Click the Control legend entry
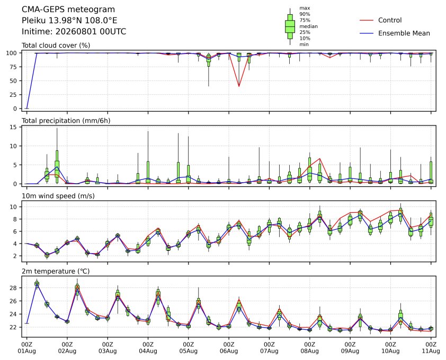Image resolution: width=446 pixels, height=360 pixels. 380,20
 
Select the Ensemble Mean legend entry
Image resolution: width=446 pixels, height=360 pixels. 395,33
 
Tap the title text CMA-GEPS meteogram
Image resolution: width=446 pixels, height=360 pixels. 68,10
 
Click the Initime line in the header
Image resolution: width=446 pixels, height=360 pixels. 74,31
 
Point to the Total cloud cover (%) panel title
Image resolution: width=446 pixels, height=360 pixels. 56,46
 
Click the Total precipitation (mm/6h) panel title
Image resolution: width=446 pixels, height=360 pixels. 66,121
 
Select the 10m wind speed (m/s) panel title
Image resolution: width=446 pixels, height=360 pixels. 58,196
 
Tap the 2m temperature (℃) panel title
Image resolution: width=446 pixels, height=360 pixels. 56,271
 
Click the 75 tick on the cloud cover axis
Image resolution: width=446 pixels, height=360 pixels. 14,67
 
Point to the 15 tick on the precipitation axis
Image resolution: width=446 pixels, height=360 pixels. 14,127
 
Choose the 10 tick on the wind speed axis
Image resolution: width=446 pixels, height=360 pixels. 14,206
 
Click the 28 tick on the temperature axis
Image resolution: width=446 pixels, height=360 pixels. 14,288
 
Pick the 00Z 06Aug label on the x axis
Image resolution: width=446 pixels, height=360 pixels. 229,348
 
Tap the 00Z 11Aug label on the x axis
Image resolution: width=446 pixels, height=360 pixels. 431,348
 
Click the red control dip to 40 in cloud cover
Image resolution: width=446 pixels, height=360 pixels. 239,86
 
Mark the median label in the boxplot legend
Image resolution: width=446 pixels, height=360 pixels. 308,26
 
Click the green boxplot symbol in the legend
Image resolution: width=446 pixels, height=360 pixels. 290,26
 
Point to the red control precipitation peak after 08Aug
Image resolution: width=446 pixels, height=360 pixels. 320,159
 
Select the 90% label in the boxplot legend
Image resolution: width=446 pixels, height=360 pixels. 305,14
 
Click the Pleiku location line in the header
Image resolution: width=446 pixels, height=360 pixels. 69,21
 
